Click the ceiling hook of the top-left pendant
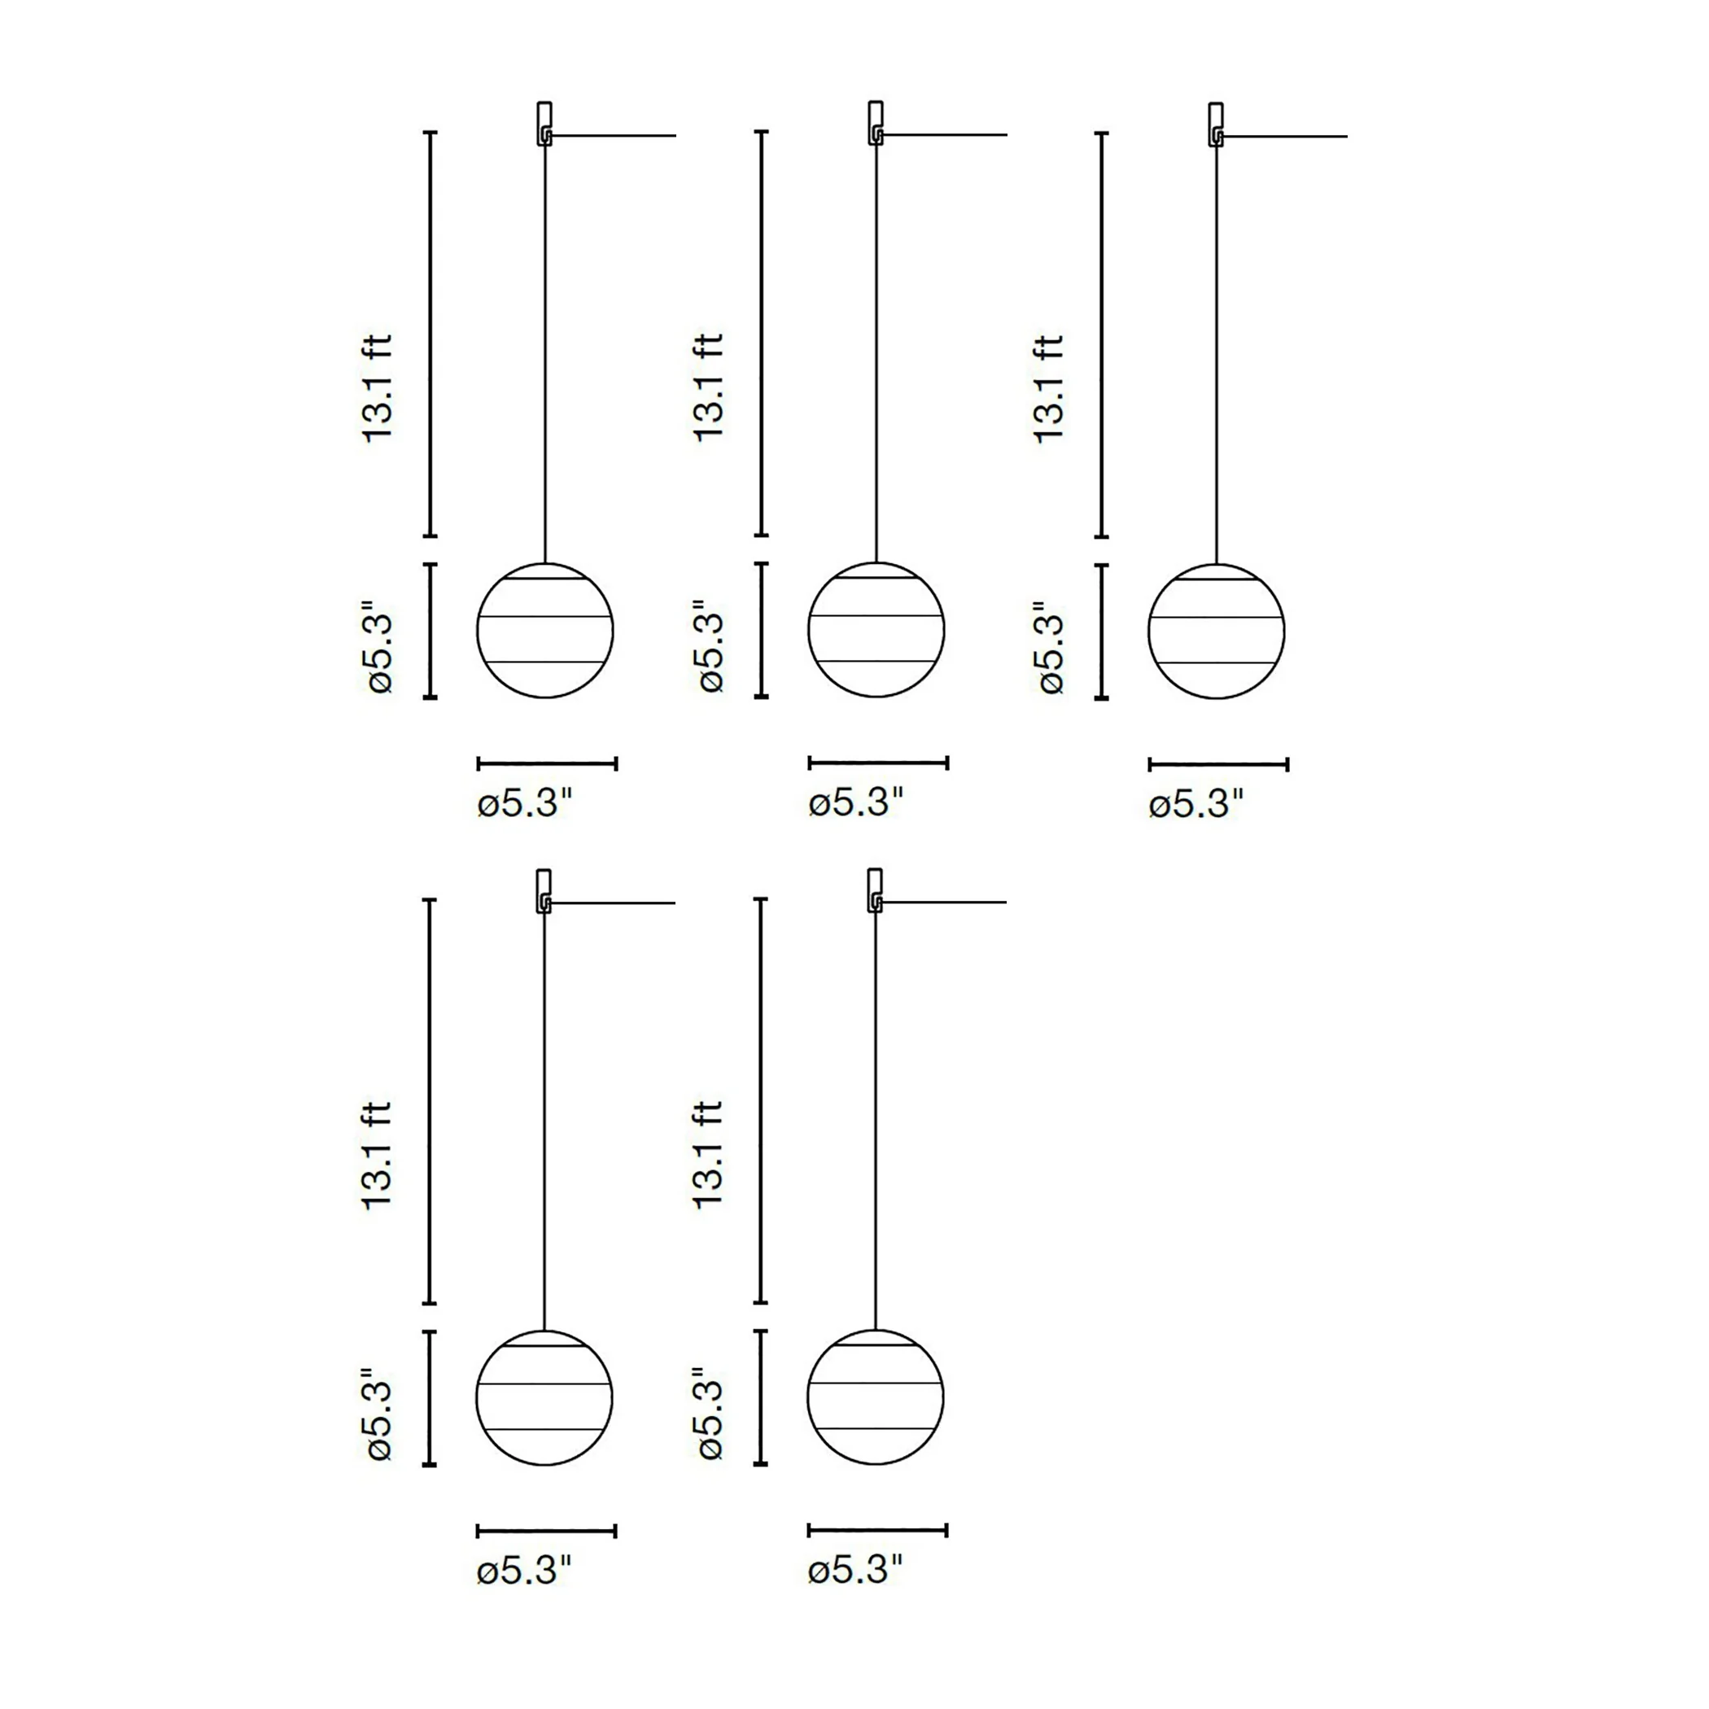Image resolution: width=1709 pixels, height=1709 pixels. coord(545,124)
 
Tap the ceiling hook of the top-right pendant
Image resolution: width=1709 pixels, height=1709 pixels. coord(1217,125)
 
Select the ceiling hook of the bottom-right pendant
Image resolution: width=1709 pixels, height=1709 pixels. coord(876,891)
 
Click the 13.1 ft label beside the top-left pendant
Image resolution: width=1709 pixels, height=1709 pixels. coord(378,388)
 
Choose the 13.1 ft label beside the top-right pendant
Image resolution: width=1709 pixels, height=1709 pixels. coord(1049,388)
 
